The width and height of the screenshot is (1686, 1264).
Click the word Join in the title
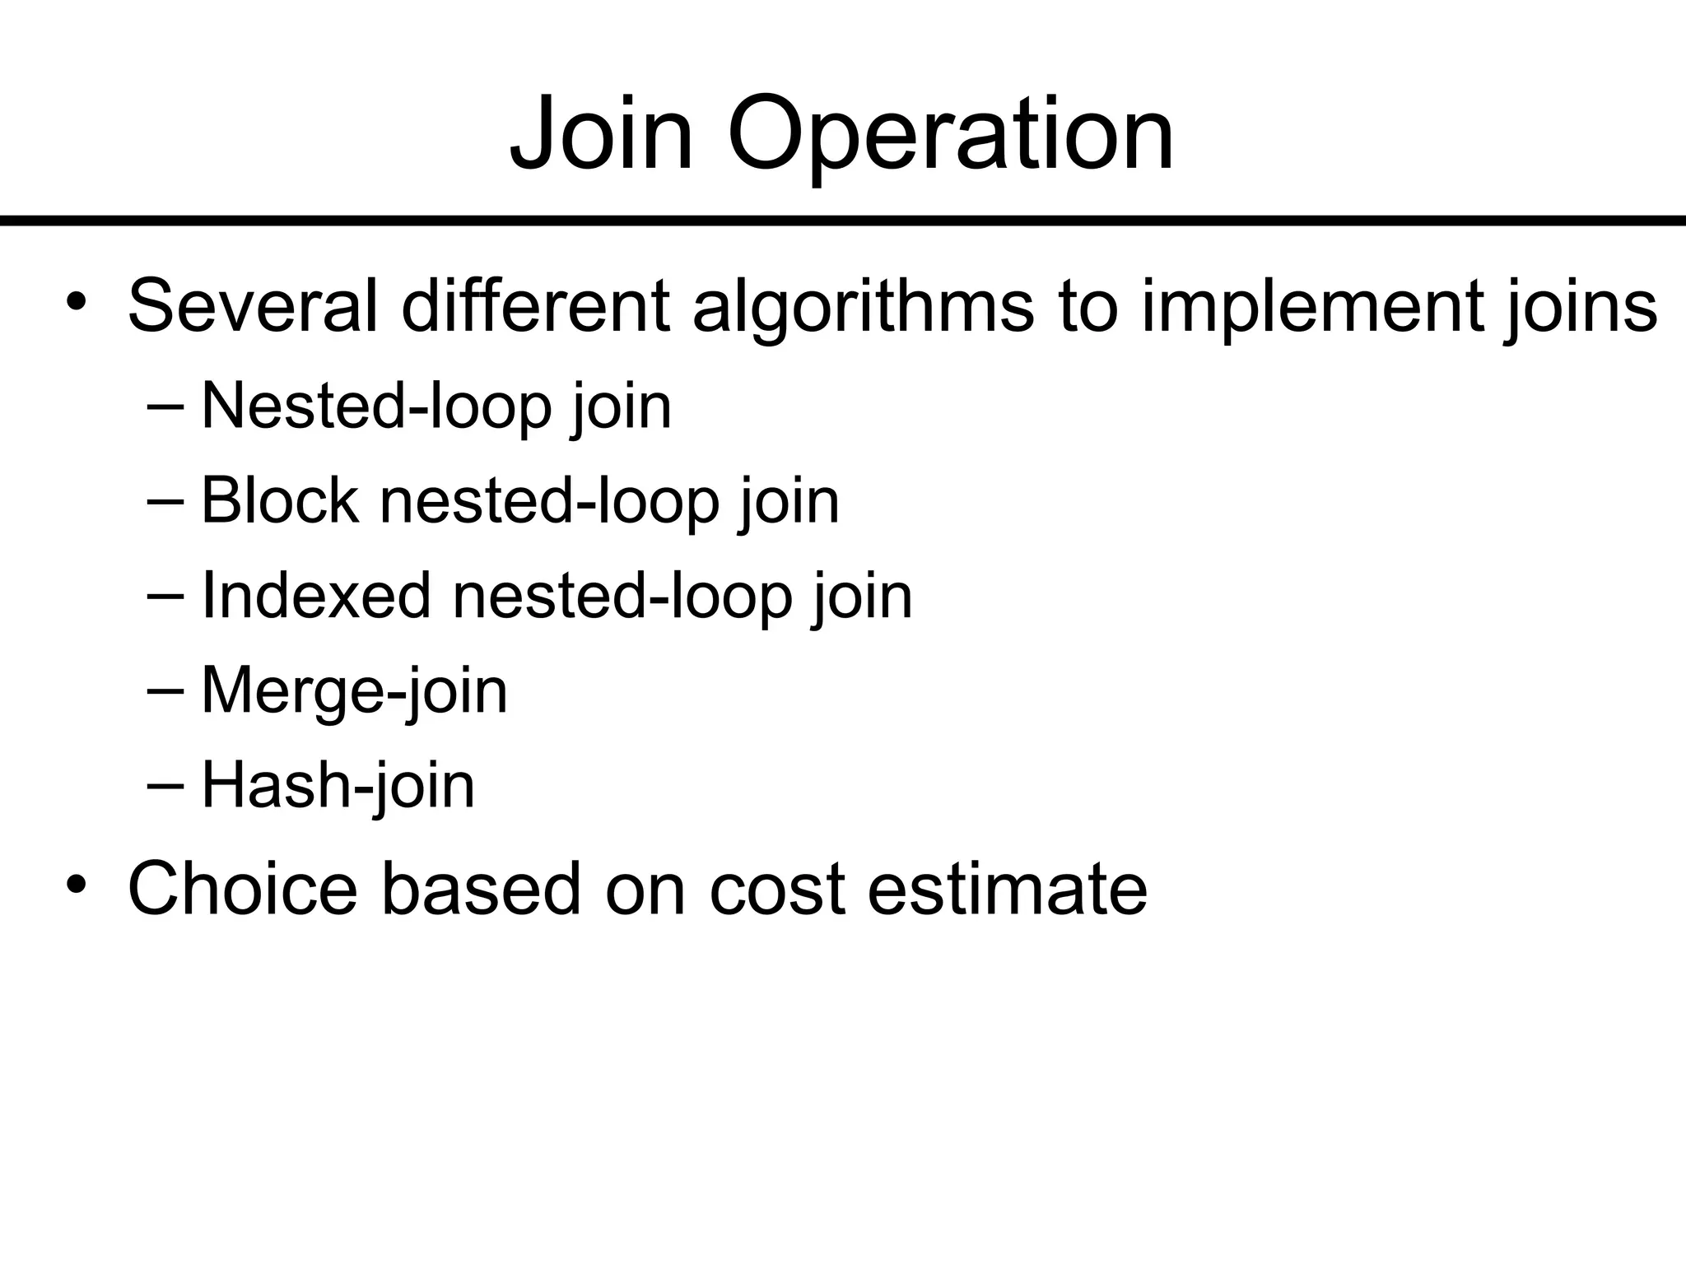601,133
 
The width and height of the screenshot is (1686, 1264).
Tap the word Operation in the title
950,133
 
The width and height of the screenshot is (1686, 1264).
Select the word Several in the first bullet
253,306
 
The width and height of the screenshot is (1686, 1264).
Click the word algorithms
863,306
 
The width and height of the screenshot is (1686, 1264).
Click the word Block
280,500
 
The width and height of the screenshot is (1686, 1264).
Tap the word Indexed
316,595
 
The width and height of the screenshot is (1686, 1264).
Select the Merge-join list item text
354,691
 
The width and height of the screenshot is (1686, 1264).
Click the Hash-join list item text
338,786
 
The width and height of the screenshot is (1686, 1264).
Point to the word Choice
243,889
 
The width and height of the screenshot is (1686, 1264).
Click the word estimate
1007,889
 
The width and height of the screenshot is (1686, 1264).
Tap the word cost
776,889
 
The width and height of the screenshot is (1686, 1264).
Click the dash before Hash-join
167,784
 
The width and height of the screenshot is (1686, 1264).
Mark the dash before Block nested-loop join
167,500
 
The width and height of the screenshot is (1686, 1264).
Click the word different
535,306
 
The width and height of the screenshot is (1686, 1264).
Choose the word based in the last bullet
481,889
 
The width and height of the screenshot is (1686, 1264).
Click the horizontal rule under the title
843,221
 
